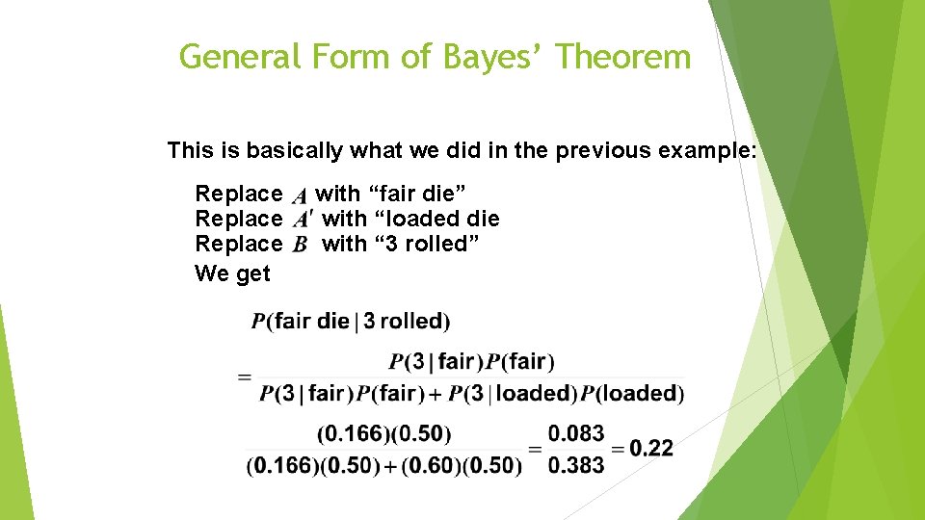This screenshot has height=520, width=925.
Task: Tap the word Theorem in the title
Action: pos(623,57)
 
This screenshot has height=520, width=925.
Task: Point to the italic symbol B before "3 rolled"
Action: pos(300,245)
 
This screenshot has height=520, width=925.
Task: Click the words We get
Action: pos(232,273)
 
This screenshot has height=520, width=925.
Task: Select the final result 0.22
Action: pos(651,448)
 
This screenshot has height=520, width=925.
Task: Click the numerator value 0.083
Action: pos(576,433)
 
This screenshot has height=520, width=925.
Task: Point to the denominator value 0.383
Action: pos(576,465)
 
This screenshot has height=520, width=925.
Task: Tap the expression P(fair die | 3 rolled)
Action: pos(351,322)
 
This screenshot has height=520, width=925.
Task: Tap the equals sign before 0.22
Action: pos(618,449)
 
